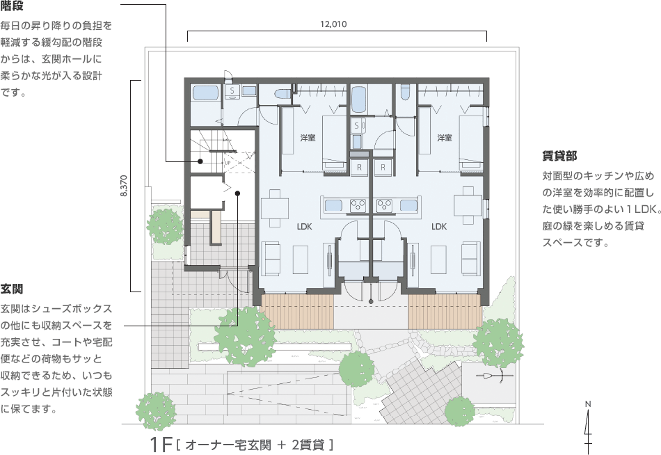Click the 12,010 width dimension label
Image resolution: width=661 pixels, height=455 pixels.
point(333,24)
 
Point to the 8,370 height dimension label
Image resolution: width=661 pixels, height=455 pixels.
point(124,186)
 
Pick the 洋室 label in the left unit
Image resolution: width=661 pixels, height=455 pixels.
point(308,138)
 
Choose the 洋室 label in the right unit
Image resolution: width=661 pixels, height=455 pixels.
point(445,138)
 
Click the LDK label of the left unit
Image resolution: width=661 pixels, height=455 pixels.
point(304,226)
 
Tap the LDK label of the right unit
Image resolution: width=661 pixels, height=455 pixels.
point(438,226)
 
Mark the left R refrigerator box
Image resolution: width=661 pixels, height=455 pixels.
point(360,168)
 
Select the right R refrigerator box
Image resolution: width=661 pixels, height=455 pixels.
point(383,168)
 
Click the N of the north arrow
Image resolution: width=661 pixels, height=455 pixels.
point(588,404)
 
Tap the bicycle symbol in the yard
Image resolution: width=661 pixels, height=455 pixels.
point(494,376)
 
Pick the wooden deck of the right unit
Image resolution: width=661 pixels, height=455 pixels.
point(443,311)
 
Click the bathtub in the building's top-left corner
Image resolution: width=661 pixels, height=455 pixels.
point(205,93)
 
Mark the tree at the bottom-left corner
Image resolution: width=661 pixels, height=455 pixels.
point(156,408)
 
